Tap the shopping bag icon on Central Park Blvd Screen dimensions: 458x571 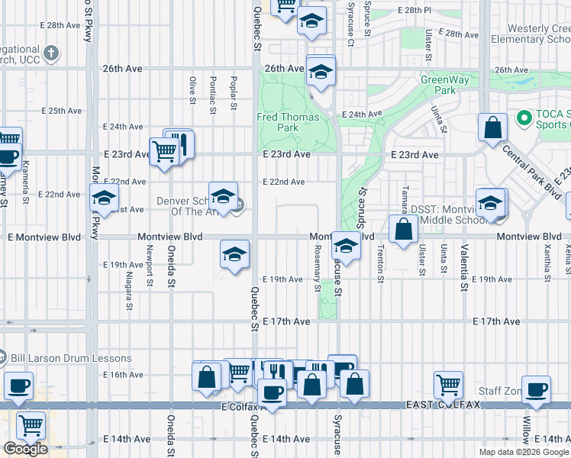click(493, 128)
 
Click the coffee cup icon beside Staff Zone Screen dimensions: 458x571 click(536, 389)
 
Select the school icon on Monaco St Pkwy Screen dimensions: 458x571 click(104, 198)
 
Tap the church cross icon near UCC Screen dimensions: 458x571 click(51, 53)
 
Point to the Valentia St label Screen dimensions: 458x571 click(463, 267)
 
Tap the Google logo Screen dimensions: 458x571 click(25, 449)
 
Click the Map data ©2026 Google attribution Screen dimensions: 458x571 click(523, 452)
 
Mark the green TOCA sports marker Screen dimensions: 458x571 click(524, 119)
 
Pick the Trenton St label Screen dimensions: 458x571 click(379, 266)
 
